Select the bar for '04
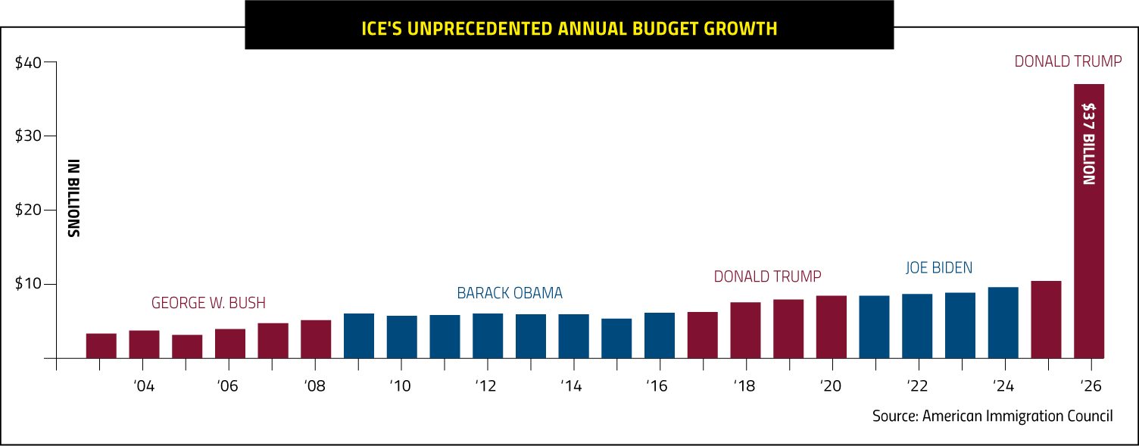point(144,345)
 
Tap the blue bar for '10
point(401,337)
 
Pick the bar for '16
point(659,335)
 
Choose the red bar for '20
point(831,327)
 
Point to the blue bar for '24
point(1003,323)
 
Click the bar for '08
point(316,339)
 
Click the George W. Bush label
point(208,303)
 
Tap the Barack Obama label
point(509,293)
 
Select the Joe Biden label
point(939,267)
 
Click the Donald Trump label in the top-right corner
point(1068,61)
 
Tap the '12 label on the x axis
point(485,386)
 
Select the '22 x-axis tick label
point(916,386)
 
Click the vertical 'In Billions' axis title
point(73,198)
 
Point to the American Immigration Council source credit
point(992,416)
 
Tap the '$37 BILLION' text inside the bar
point(1088,144)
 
